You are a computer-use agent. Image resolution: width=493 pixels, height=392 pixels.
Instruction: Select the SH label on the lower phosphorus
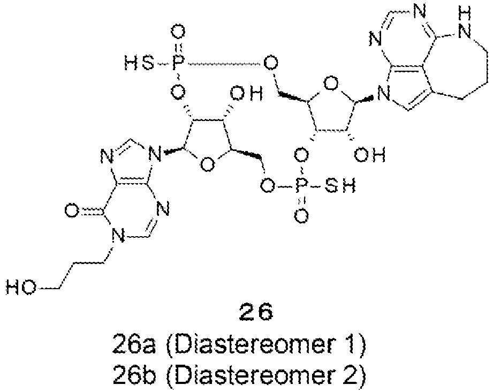[x=340, y=186]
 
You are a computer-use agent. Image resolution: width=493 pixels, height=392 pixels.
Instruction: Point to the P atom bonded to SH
[x=301, y=186]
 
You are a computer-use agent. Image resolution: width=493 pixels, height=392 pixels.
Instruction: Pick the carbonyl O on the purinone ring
[x=72, y=210]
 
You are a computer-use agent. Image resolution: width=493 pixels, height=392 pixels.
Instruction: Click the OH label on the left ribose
[x=246, y=93]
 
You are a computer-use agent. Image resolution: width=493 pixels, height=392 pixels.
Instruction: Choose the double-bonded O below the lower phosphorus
[x=301, y=216]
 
